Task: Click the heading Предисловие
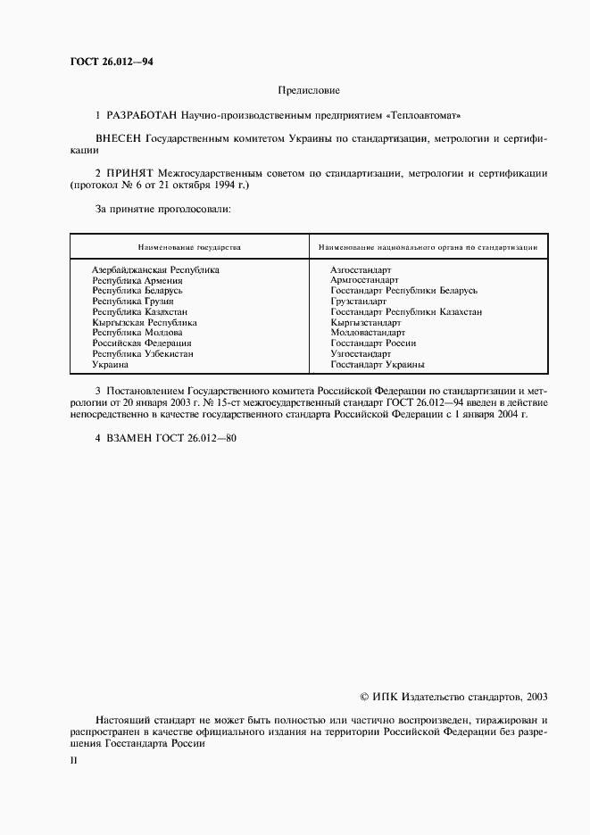309,90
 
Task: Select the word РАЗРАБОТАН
142,116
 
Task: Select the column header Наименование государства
189,246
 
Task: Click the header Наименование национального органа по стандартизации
428,246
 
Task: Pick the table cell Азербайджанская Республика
155,269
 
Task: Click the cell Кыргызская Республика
145,322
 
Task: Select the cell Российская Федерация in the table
142,343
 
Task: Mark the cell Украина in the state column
111,365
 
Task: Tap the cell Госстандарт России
373,343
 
